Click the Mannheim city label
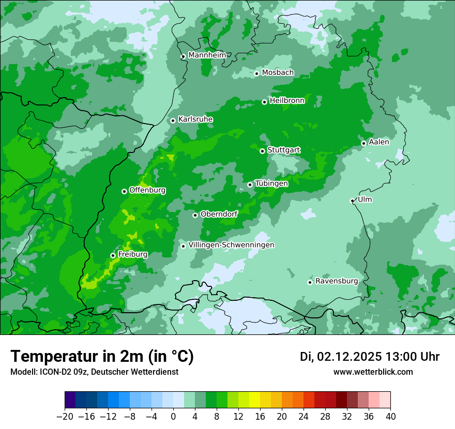point(207,55)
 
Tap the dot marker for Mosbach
point(256,73)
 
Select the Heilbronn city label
point(287,101)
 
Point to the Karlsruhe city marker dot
point(173,120)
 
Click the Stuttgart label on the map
point(283,150)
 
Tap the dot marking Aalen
point(363,143)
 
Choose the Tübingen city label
point(271,183)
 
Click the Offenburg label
point(147,190)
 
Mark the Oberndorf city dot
point(195,215)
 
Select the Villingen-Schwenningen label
point(231,245)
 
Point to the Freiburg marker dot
point(113,255)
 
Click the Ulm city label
point(365,200)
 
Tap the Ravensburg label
point(337,281)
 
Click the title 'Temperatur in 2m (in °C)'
point(102,357)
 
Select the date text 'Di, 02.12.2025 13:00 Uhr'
point(370,357)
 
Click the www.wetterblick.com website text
point(373,372)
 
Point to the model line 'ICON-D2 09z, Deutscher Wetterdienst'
point(94,372)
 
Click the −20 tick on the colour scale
point(65,417)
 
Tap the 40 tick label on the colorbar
point(390,417)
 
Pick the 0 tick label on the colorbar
point(173,417)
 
